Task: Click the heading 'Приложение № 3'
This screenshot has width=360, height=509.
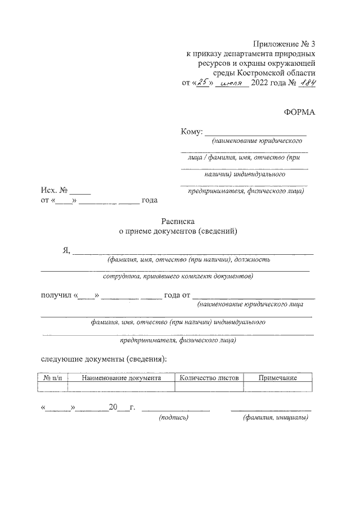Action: click(x=284, y=44)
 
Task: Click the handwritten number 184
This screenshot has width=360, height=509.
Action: click(x=306, y=83)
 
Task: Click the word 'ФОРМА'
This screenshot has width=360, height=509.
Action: click(x=300, y=111)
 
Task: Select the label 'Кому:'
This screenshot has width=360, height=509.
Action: click(x=191, y=132)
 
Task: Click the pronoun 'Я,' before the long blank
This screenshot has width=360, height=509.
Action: click(x=66, y=251)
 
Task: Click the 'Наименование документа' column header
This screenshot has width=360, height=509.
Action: click(x=121, y=378)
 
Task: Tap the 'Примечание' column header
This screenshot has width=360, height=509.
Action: click(x=277, y=378)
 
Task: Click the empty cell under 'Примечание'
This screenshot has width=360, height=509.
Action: click(x=277, y=387)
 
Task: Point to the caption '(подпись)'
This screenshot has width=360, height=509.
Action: click(x=174, y=417)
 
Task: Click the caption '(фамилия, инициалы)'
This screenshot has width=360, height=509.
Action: click(x=275, y=417)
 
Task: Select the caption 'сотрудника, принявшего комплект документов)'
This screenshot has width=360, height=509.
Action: click(x=178, y=276)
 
